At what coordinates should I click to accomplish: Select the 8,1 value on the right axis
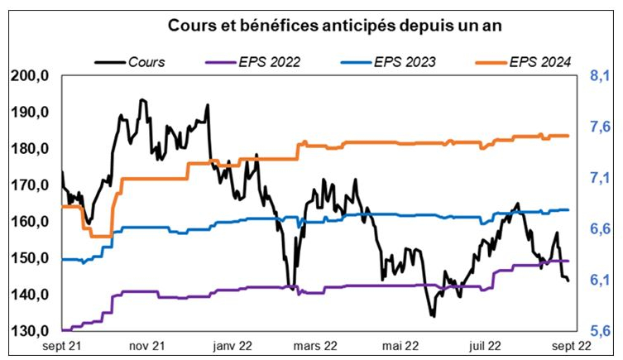(599, 76)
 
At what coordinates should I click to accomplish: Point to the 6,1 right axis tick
(599, 280)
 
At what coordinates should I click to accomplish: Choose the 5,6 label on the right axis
(599, 331)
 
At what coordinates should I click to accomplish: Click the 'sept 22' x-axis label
(570, 347)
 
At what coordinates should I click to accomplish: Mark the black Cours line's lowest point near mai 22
(432, 315)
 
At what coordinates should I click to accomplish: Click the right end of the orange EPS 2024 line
(568, 136)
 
